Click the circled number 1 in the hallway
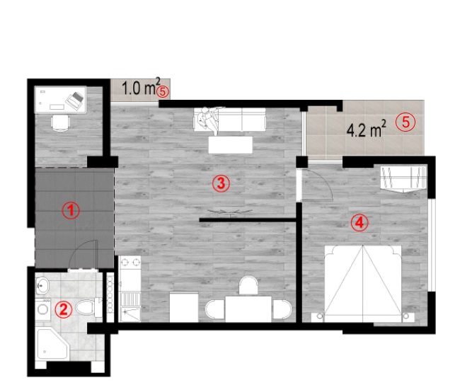tap(71, 210)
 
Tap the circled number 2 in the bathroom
tap(64, 309)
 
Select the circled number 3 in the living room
tap(221, 183)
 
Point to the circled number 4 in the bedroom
tap(360, 223)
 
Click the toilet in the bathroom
tap(88, 307)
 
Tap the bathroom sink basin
tap(43, 285)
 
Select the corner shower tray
tap(52, 344)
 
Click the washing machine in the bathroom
tap(43, 309)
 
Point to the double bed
tap(362, 284)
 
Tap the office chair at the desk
tap(60, 122)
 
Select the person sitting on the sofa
tap(208, 120)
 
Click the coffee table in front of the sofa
tap(230, 144)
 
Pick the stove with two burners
tap(130, 262)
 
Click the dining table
tap(248, 309)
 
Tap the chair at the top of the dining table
tap(248, 285)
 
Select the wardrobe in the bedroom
tap(403, 178)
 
